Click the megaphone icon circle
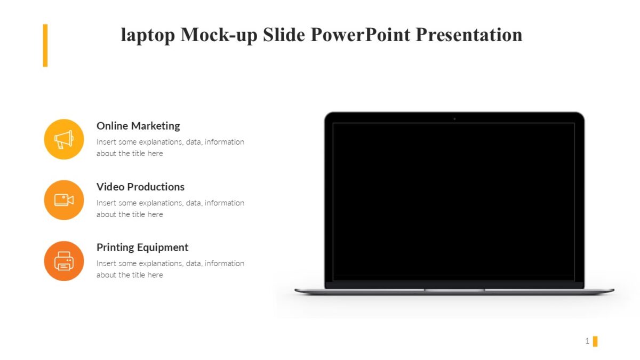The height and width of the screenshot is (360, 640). coord(64,139)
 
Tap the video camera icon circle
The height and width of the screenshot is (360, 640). coord(64,200)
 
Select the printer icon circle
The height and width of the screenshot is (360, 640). coord(64,261)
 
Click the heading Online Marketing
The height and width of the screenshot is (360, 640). coord(138,126)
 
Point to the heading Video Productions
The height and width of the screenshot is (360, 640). coord(140,187)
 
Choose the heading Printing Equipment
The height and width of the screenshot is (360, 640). coord(142,247)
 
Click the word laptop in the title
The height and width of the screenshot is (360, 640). coord(147,35)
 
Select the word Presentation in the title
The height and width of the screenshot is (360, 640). coord(469,35)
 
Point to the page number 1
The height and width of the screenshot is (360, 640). coord(587,341)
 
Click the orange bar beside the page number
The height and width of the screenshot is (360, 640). coord(595,341)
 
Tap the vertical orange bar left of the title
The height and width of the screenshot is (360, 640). coord(45,45)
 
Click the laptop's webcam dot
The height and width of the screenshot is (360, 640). coord(454,118)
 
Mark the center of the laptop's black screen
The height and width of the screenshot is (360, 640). coord(454,202)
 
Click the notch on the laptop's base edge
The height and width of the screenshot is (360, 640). coord(454,290)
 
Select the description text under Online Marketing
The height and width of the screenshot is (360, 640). coord(170,148)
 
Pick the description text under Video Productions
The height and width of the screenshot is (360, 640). coord(170,209)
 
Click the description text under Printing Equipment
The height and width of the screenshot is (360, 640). coord(170,269)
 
